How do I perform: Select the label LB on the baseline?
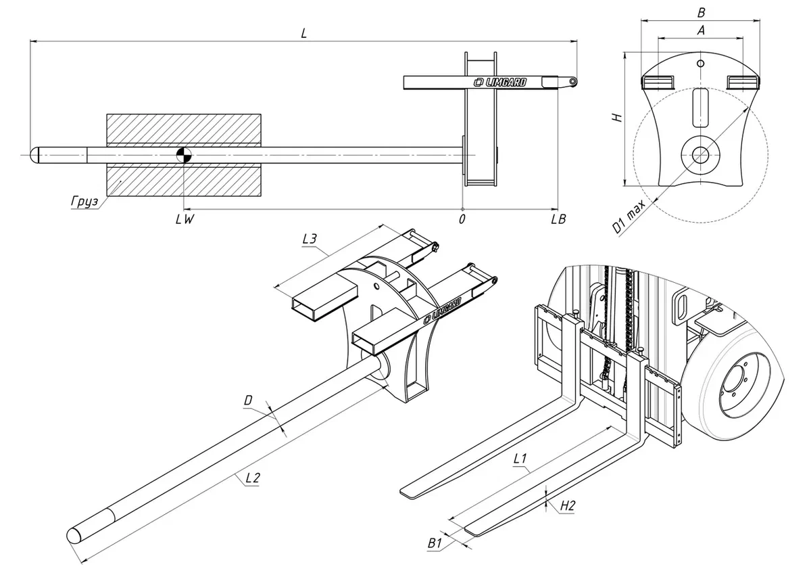tap(558, 219)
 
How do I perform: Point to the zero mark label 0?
tap(462, 219)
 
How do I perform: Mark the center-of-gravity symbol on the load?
tap(184, 155)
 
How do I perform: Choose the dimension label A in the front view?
tap(701, 30)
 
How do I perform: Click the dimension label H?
tap(616, 116)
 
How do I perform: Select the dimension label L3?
tap(309, 239)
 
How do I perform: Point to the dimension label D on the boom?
tap(248, 401)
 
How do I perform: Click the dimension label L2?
tap(252, 478)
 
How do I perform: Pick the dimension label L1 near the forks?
tap(520, 459)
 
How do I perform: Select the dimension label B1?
tap(435, 542)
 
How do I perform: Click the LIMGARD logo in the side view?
tap(501, 83)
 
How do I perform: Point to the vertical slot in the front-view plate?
tap(701, 107)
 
